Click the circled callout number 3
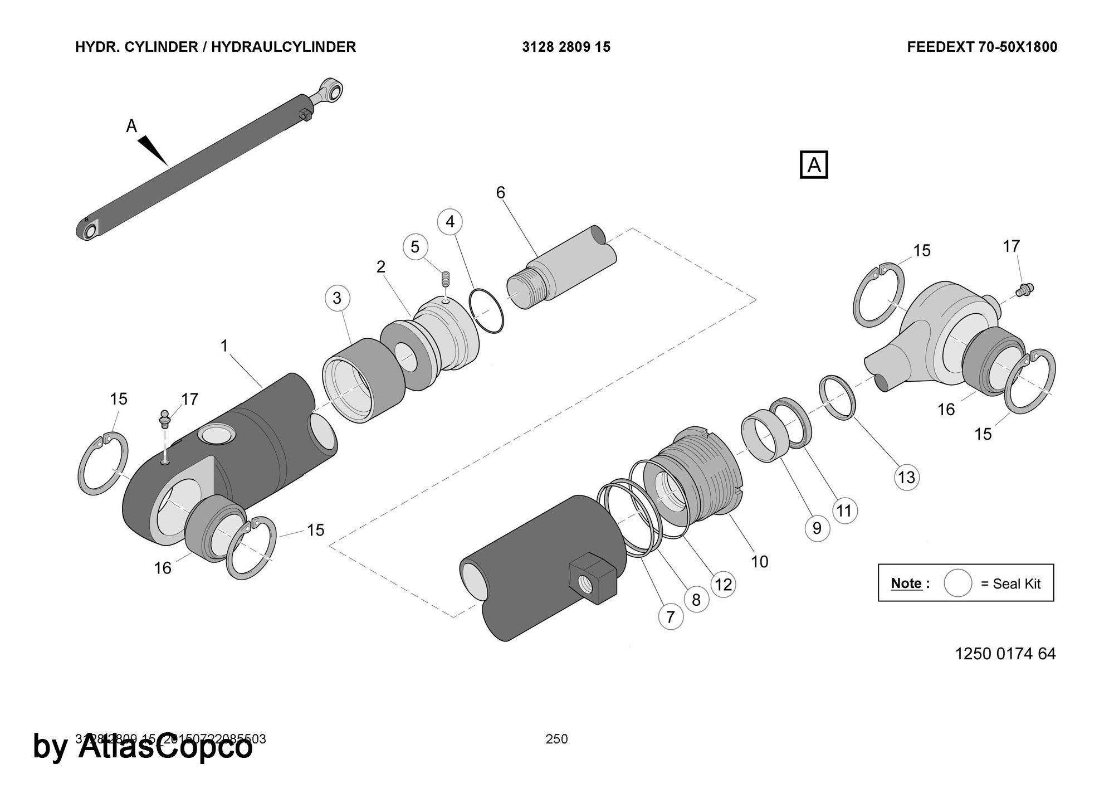(x=337, y=298)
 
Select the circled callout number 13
(x=906, y=477)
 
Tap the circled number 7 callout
(x=671, y=617)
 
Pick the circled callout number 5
(x=415, y=247)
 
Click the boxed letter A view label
(x=814, y=165)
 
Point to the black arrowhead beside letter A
(x=153, y=149)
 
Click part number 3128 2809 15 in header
(x=566, y=47)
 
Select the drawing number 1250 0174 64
(x=1005, y=654)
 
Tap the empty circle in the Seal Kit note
(x=957, y=583)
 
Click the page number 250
(x=556, y=739)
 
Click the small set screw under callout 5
(x=446, y=278)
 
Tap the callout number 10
(x=760, y=561)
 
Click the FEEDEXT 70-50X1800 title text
(x=981, y=47)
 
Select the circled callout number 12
(x=723, y=584)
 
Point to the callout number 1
(x=224, y=346)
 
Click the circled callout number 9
(x=817, y=528)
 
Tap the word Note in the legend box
(x=906, y=583)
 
